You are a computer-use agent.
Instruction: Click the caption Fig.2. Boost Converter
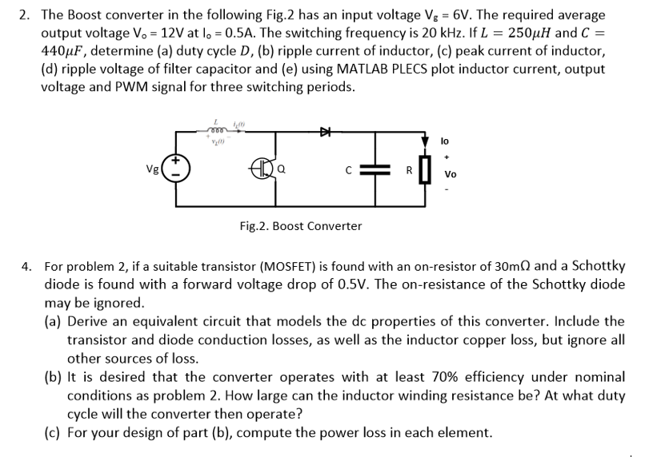click(300, 226)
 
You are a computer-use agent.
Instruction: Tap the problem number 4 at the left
click(26, 265)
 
